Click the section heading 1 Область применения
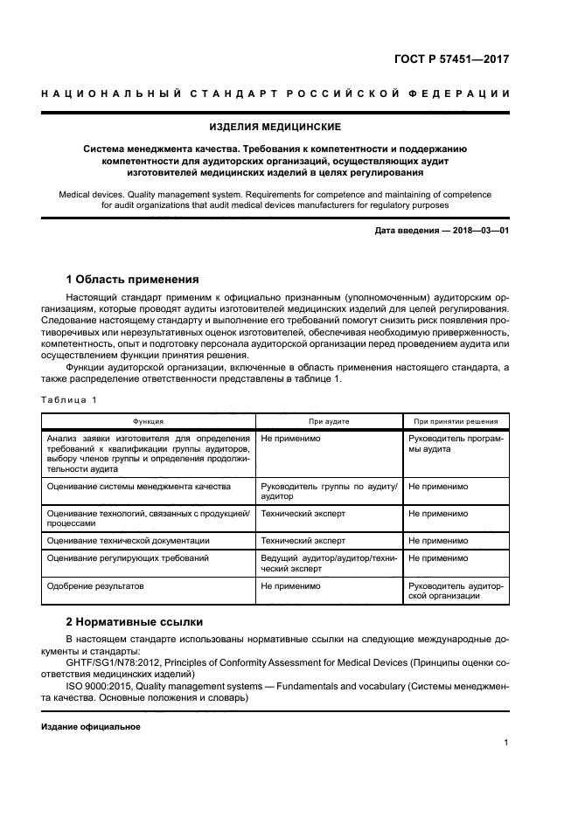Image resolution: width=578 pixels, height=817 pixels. pos(133,280)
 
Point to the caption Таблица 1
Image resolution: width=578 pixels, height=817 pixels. pos(71,399)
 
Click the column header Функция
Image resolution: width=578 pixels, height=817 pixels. pos(148,421)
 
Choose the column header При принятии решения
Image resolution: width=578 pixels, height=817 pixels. pos(456,421)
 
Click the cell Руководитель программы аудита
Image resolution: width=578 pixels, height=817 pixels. pos(456,443)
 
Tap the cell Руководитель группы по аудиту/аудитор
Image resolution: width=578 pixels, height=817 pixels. pos(329,490)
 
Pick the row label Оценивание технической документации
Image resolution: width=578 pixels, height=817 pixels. pos(129,541)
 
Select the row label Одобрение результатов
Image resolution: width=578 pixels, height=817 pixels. pos(95,586)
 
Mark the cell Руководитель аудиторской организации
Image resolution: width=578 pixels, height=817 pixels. pos(456,591)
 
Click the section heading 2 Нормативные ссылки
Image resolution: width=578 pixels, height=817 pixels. pos(135,622)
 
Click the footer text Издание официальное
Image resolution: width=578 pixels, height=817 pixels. pos(91,727)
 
